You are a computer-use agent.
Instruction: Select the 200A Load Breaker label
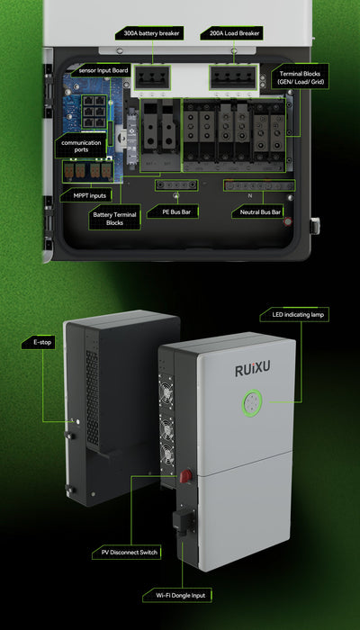231,33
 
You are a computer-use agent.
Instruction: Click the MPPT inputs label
85,194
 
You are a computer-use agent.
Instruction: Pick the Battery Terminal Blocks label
115,219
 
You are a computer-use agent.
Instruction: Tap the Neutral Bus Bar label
257,212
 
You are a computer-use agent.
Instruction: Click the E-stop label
39,344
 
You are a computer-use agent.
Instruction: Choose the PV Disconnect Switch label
123,552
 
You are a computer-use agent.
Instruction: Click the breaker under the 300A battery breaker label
153,78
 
